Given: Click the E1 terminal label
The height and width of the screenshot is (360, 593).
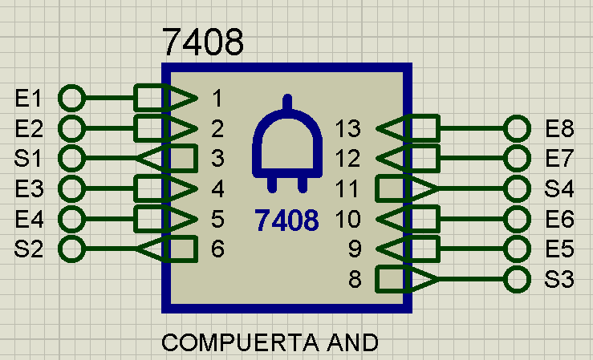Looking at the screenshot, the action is click(x=28, y=98).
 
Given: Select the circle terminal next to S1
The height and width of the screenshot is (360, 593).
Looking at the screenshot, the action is click(x=71, y=158).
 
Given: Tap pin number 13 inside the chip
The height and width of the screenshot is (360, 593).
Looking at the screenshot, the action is click(x=348, y=128).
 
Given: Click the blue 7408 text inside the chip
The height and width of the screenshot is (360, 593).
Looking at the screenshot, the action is click(x=286, y=220).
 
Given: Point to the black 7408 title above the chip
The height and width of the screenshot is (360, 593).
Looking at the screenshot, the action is click(x=203, y=42).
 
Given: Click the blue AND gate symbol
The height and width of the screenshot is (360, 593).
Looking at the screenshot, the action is click(x=287, y=144).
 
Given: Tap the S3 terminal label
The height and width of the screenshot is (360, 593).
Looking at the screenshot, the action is click(x=559, y=280).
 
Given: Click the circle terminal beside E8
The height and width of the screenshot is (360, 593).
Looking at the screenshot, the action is click(x=517, y=128).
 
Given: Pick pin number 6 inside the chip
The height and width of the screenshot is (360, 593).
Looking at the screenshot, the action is click(x=217, y=249).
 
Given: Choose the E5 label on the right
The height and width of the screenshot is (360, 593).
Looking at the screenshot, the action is click(x=560, y=249).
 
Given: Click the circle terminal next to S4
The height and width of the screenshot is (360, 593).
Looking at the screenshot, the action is click(x=517, y=188).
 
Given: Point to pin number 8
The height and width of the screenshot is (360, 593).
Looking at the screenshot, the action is click(x=355, y=280).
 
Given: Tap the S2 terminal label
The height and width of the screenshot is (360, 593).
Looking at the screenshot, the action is click(x=28, y=249).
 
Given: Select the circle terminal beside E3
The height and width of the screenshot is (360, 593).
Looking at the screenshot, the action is click(x=71, y=188).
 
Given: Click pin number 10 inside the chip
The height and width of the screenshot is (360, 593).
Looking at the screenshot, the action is click(x=348, y=219).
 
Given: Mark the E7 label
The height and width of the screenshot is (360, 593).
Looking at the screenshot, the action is click(x=560, y=158).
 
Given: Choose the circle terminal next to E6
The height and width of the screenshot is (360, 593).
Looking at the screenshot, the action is click(x=517, y=219).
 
